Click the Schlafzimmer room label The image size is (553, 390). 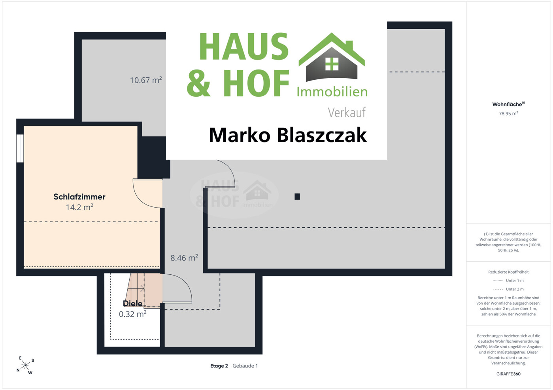click(x=79, y=197)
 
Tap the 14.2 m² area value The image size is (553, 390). click(x=79, y=207)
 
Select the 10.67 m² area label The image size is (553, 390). click(x=146, y=80)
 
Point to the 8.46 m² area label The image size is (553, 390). click(x=184, y=258)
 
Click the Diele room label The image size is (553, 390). click(x=132, y=304)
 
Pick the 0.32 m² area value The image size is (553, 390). click(x=132, y=314)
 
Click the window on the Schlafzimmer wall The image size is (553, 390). click(x=20, y=148)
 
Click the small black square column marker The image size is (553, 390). click(x=297, y=197)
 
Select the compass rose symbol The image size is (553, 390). click(x=25, y=366)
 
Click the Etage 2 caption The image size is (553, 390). click(x=219, y=366)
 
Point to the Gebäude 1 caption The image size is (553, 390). click(x=245, y=366)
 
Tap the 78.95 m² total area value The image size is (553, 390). click(x=508, y=113)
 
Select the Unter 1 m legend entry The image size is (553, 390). click(x=508, y=281)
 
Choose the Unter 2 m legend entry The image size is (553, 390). click(x=508, y=289)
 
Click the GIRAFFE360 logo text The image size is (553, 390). click(x=508, y=374)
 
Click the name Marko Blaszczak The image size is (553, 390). click(x=288, y=135)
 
